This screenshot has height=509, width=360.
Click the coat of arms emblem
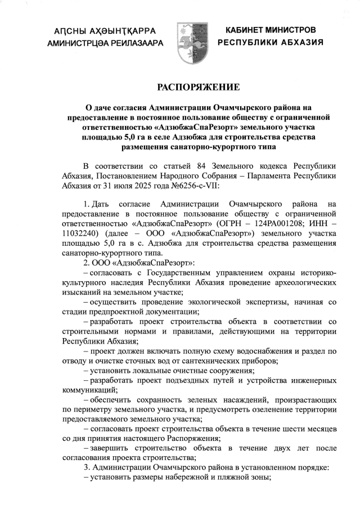[x=190, y=37]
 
